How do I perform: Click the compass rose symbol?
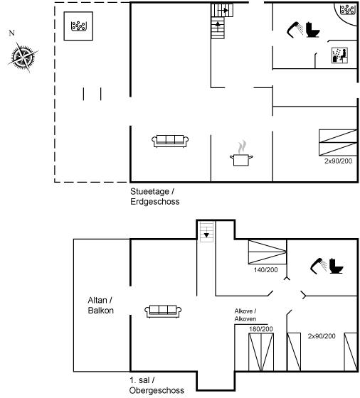pyautogui.click(x=23, y=57)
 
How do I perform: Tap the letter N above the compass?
pyautogui.click(x=11, y=33)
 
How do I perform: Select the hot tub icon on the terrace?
pyautogui.click(x=78, y=26)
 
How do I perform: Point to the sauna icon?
pyautogui.click(x=339, y=55)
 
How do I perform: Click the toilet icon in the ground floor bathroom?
pyautogui.click(x=312, y=30)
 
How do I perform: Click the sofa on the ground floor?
pyautogui.click(x=170, y=141)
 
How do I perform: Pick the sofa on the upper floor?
pyautogui.click(x=163, y=311)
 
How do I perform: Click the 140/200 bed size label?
pyautogui.click(x=265, y=270)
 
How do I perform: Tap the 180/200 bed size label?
pyautogui.click(x=261, y=329)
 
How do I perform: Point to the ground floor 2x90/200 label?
pyautogui.click(x=338, y=161)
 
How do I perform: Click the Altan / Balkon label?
pyautogui.click(x=100, y=306)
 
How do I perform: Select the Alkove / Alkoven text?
pyautogui.click(x=245, y=315)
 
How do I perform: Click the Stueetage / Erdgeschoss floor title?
pyautogui.click(x=154, y=196)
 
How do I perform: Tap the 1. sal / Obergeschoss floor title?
pyautogui.click(x=157, y=385)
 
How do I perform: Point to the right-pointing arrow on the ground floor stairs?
pyautogui.click(x=225, y=11)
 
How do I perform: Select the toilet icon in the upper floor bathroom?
pyautogui.click(x=336, y=266)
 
